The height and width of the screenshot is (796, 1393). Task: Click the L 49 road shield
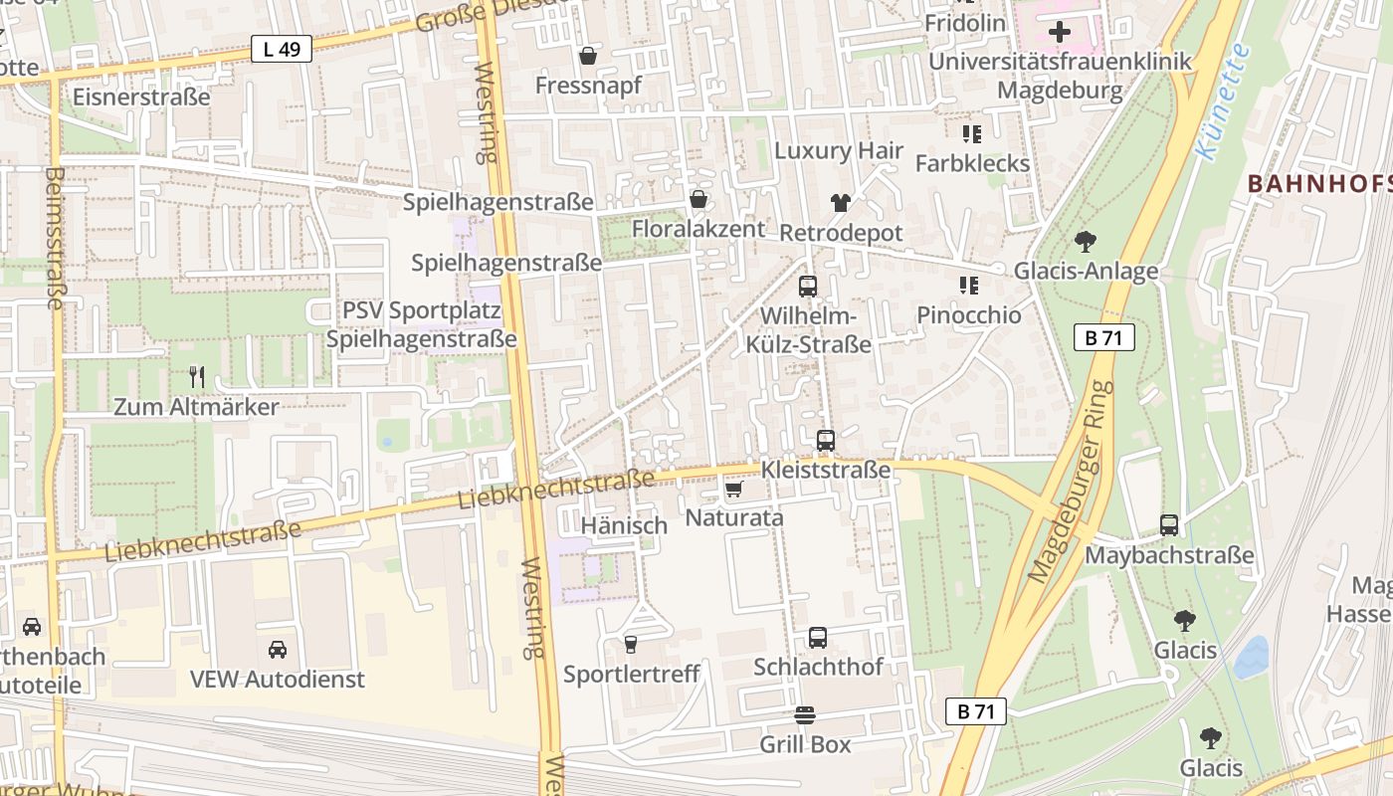(x=282, y=49)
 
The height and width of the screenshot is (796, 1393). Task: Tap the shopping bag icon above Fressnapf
(x=588, y=56)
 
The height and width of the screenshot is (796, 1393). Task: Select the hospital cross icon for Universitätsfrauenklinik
(x=1060, y=32)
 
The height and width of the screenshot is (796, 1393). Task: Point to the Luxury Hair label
(x=839, y=151)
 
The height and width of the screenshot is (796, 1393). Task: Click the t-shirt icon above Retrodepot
(x=841, y=203)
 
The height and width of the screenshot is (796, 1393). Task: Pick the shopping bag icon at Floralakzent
(x=698, y=200)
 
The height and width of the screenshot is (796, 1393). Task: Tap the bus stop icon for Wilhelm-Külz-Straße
(x=808, y=287)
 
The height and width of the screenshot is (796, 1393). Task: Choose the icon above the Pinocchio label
(x=969, y=287)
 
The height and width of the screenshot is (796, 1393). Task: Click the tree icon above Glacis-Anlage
(x=1086, y=241)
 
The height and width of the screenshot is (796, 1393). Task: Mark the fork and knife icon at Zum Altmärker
(x=197, y=377)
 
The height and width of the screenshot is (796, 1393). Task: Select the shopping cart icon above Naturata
(x=734, y=489)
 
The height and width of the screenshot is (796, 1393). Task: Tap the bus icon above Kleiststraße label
(x=825, y=440)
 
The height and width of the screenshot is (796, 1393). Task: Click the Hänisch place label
(x=624, y=525)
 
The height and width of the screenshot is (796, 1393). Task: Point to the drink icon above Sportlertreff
(x=630, y=645)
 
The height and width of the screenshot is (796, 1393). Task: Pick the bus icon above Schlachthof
(x=817, y=638)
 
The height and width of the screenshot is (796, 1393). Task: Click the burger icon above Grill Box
(x=805, y=715)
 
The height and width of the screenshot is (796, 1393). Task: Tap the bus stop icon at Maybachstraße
(x=1169, y=525)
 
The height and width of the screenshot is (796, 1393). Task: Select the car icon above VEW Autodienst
(x=278, y=650)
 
